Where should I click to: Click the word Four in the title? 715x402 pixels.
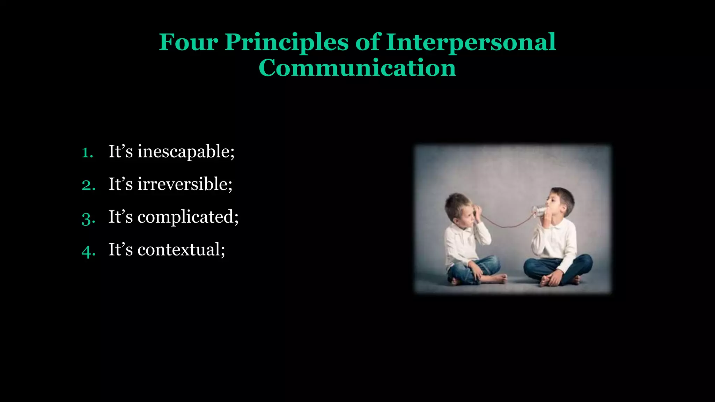coord(189,42)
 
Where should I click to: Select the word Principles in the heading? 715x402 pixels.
coord(286,43)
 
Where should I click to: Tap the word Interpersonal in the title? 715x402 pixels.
coord(471,43)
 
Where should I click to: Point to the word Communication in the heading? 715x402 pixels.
coord(357,68)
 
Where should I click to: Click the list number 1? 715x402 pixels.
coord(87,152)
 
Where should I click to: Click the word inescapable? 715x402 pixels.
coord(186,152)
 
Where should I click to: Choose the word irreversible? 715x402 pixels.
coord(185,184)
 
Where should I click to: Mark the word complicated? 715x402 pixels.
coord(188,217)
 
